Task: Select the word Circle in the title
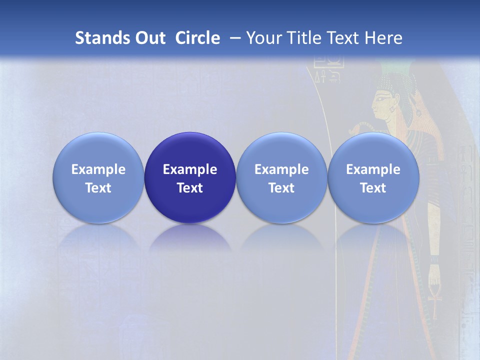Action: coord(197,38)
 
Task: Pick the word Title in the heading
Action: coord(301,38)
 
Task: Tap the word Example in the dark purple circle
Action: coord(190,169)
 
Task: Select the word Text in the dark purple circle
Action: coord(190,188)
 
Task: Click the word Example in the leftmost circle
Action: coord(98,169)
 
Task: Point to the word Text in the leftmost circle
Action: coord(98,188)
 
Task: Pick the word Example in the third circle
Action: coord(281,169)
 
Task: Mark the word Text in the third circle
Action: coord(281,188)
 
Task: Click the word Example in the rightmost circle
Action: coord(373,169)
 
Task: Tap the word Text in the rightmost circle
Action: coord(373,188)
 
